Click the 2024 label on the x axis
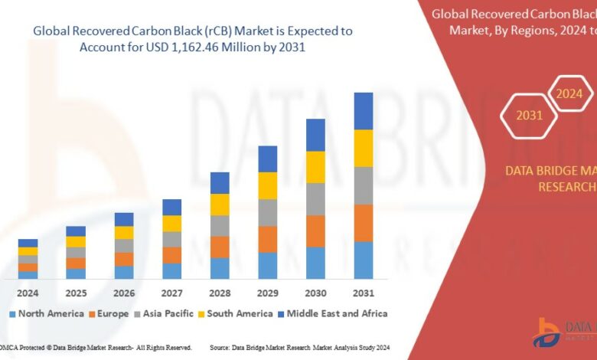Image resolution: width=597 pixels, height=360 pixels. pos(28,293)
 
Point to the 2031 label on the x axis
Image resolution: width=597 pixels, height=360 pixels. pos(363,293)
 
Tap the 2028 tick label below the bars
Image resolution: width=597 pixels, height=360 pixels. pos(220,293)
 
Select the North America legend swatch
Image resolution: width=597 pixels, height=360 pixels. pos(12,313)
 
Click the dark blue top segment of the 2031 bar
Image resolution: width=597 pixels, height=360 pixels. pos(363,111)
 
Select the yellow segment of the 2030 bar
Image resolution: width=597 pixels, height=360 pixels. pos(315,167)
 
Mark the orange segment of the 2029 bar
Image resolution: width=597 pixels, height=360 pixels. pos(267,239)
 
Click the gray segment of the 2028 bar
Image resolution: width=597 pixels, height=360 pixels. pos(220,225)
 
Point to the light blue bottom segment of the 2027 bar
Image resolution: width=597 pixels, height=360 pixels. pos(171,270)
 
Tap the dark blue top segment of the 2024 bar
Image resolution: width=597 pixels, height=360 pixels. pos(28,243)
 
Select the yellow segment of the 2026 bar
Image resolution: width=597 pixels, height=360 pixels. pos(124,233)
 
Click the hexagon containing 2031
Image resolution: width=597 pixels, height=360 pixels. pos(529,116)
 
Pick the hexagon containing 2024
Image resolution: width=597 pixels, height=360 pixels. pos(568,94)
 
